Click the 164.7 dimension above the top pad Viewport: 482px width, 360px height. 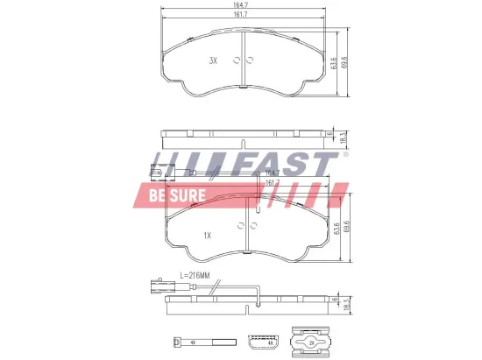point(242,6)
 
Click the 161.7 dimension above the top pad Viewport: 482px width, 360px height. point(242,16)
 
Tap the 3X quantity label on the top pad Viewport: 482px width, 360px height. point(213,60)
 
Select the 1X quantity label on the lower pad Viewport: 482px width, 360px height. point(208,235)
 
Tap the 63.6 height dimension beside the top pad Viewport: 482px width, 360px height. point(334,64)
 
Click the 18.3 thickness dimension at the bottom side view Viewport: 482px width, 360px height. point(347,304)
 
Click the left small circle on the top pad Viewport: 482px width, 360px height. point(235,60)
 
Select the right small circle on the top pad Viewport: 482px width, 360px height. point(250,60)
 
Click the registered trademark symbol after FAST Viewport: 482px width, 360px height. point(345,155)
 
